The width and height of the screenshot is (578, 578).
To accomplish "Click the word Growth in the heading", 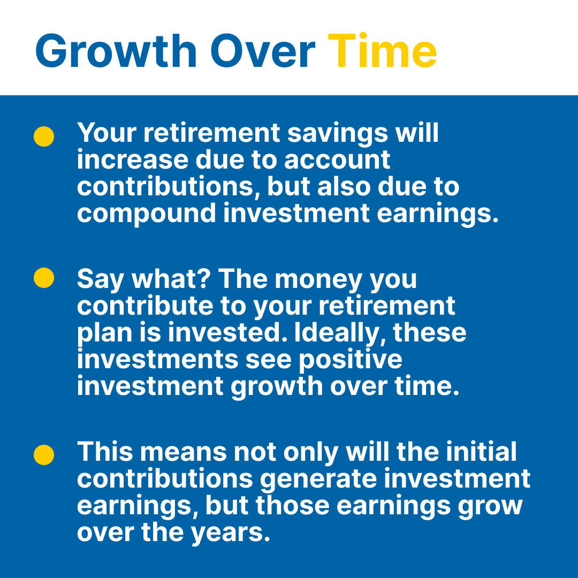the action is coord(116,50).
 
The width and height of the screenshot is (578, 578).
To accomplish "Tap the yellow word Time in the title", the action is coord(382,50).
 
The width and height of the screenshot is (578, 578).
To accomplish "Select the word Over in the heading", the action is coord(263,50).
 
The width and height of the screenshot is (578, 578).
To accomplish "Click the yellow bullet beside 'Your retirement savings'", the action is coord(44,136).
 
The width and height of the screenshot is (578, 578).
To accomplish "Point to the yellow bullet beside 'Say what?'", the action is coord(44,278).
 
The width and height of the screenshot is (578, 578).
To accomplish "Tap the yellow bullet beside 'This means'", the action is coord(44,454).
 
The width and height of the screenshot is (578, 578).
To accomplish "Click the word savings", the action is coord(338,133).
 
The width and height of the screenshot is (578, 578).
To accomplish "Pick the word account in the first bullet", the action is coord(337,161).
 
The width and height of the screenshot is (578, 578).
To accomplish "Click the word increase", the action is coord(133,161).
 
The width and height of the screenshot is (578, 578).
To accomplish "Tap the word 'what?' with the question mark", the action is coord(171,278).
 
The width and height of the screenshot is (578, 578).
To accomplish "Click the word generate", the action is coord(318,480).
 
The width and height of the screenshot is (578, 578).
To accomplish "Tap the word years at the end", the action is coord(231,534).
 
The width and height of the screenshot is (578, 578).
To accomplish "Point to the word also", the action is coord(344,187).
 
